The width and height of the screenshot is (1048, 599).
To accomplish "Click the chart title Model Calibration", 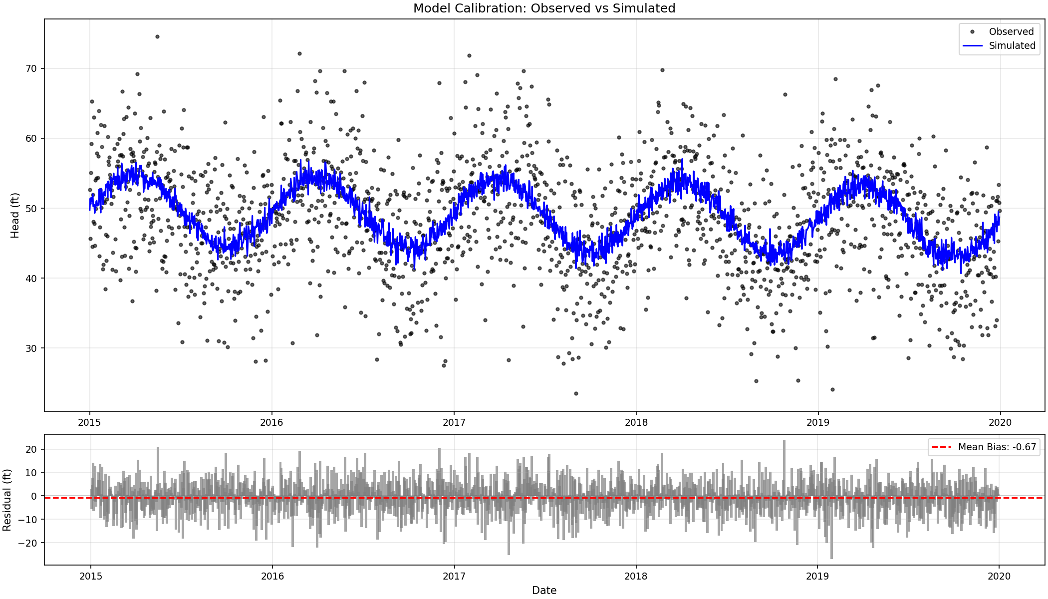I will click(544, 8).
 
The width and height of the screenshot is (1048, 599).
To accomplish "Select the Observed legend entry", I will click(1011, 31).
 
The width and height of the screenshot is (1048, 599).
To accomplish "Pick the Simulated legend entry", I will click(1011, 45).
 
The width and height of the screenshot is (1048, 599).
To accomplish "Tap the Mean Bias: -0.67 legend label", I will click(997, 447).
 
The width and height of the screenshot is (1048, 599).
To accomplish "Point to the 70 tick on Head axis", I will click(31, 68).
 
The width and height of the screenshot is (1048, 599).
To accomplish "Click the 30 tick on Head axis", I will click(31, 348).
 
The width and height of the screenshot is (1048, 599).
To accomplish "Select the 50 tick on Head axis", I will click(31, 208).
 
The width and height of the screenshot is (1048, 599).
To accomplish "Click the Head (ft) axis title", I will click(15, 215).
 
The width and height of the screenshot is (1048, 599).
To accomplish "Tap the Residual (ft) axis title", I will click(7, 499).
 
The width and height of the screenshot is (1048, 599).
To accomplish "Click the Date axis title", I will click(544, 590).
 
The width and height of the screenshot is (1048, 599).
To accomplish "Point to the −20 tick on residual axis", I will click(28, 543).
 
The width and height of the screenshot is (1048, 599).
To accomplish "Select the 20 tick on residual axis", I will click(31, 449).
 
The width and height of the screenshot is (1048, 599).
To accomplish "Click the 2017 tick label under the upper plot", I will click(454, 422).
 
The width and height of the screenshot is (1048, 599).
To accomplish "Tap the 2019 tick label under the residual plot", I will click(817, 576).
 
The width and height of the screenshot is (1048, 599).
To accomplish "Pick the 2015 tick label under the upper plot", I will click(90, 422).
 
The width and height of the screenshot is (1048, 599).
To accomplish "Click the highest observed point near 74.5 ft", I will click(157, 36).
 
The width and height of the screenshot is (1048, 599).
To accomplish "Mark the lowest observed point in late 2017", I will click(576, 393).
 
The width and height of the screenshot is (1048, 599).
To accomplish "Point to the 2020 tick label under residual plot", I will click(999, 576).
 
